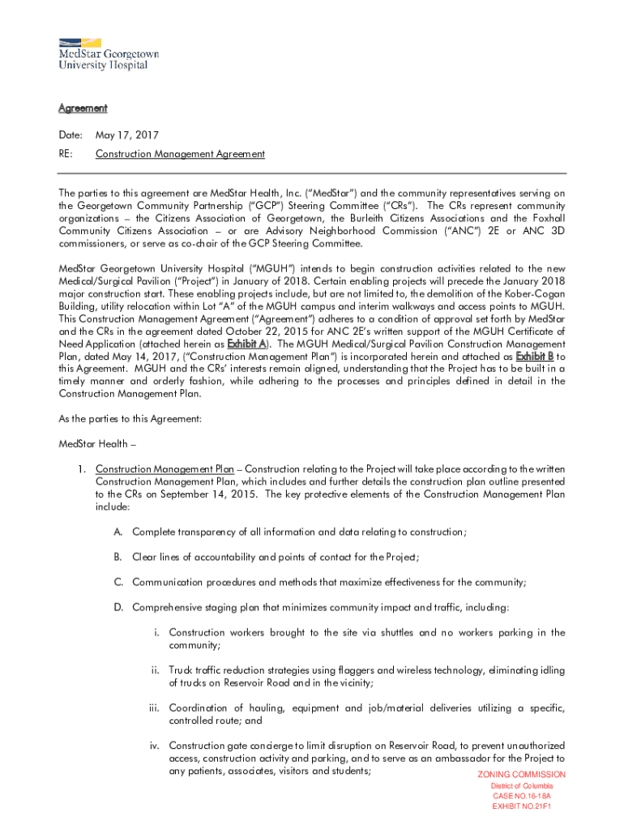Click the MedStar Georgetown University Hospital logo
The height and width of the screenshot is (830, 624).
click(x=108, y=53)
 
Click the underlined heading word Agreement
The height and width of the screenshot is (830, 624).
click(x=83, y=109)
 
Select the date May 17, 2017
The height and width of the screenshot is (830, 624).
click(x=127, y=135)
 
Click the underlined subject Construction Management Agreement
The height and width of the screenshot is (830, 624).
click(x=180, y=154)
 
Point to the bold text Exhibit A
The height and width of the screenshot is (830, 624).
click(x=250, y=344)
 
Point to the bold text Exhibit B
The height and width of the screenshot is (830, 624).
click(x=534, y=356)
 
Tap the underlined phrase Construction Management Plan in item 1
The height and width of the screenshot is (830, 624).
click(x=165, y=469)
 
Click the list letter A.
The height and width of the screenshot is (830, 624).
click(x=118, y=533)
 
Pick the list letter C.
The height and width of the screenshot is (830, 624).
click(x=118, y=583)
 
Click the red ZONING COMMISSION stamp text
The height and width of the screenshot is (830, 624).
click(x=522, y=775)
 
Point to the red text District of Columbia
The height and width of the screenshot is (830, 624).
click(x=522, y=786)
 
